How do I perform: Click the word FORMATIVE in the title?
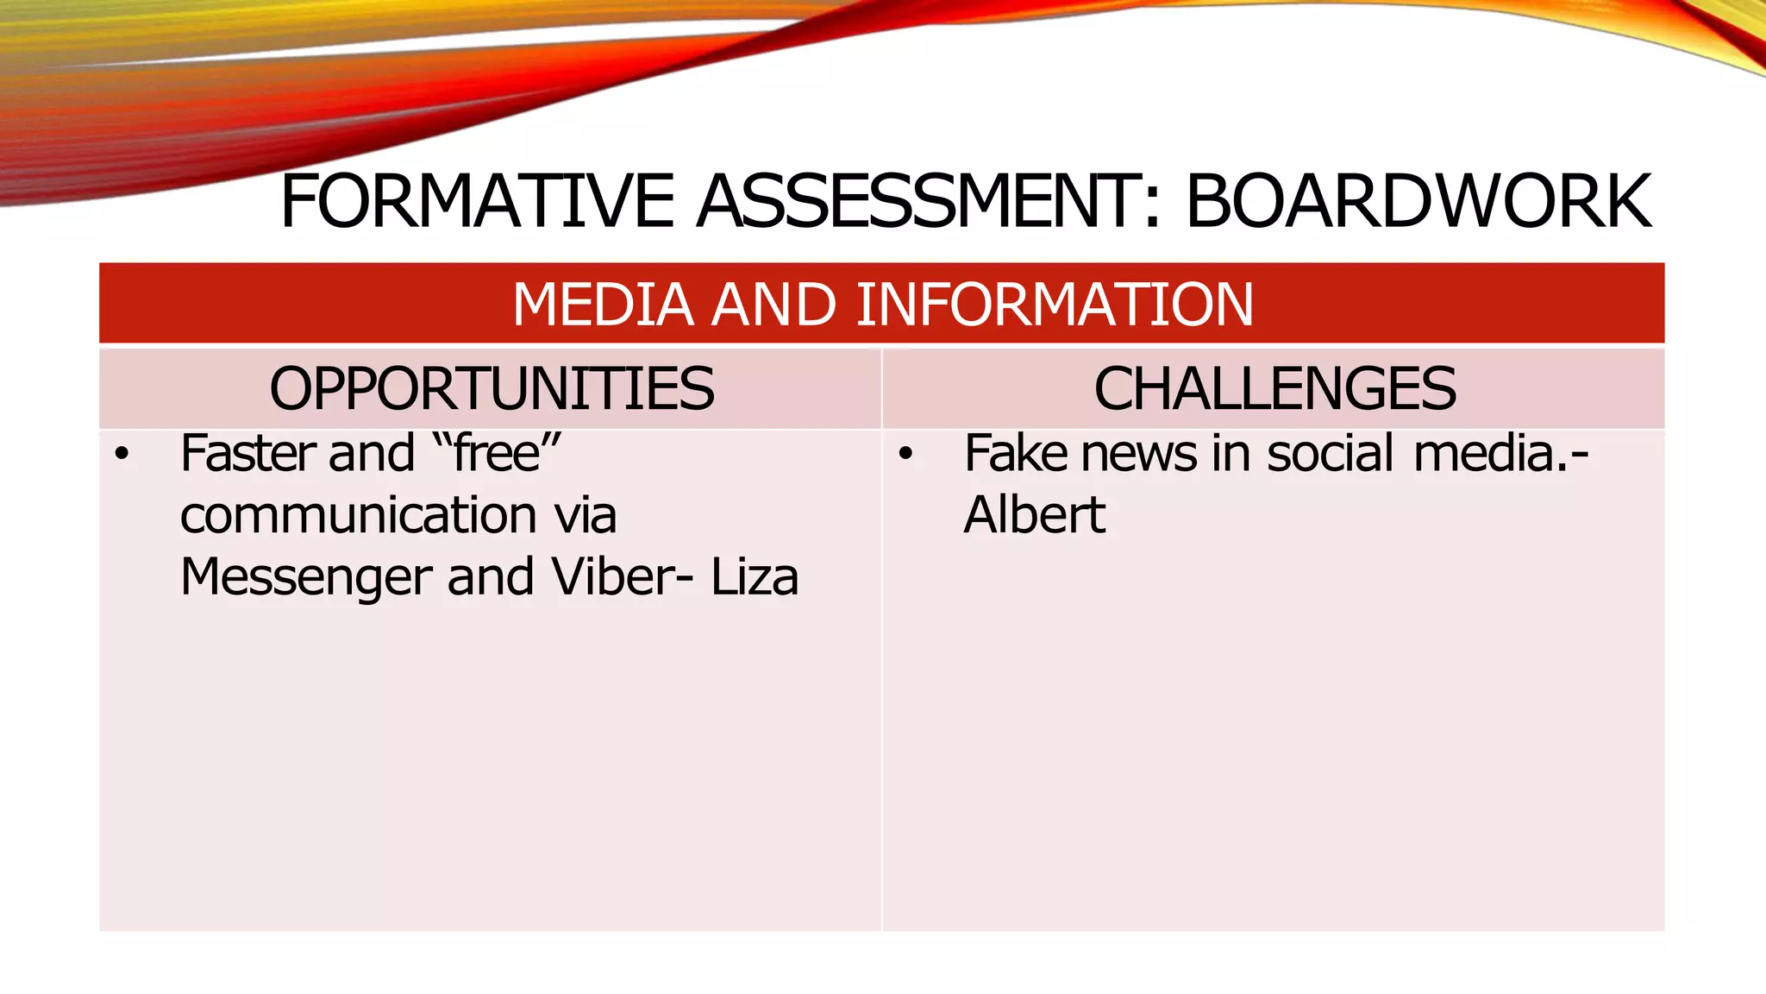click(x=477, y=201)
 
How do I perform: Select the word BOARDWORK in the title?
click(x=1418, y=201)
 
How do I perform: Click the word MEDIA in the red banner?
click(x=603, y=305)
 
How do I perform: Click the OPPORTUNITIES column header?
click(x=492, y=388)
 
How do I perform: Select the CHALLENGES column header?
click(x=1274, y=388)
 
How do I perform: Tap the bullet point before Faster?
click(x=122, y=454)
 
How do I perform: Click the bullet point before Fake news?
click(x=905, y=454)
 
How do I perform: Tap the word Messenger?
click(x=306, y=577)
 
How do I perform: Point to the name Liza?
click(x=755, y=576)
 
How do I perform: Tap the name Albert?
click(x=1034, y=515)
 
